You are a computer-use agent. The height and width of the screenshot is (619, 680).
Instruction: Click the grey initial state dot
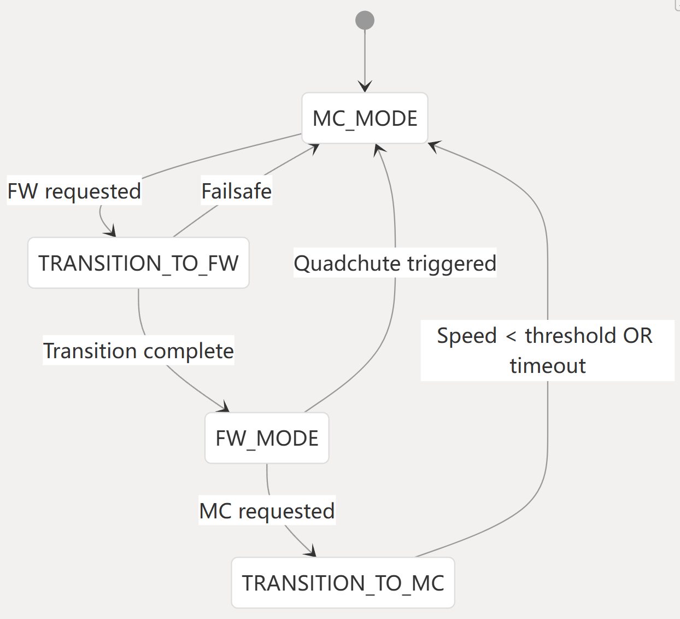click(x=365, y=20)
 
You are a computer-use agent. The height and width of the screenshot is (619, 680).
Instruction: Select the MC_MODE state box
click(x=365, y=118)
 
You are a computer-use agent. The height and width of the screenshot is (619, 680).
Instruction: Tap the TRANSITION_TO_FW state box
click(x=138, y=263)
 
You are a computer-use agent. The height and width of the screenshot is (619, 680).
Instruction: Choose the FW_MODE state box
click(x=267, y=438)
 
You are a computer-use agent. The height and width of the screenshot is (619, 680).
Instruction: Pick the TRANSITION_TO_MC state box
click(x=343, y=583)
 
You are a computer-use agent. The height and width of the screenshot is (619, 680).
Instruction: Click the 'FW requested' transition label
click(x=74, y=191)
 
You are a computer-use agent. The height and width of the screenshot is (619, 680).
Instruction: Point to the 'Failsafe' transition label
click(x=236, y=191)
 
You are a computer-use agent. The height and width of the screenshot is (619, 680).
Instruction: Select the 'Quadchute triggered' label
click(x=395, y=263)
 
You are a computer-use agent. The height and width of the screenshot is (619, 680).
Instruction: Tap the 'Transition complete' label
click(x=138, y=351)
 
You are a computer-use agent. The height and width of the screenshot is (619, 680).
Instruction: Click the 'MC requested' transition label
click(x=267, y=511)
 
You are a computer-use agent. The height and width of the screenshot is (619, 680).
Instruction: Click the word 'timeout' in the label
click(x=548, y=365)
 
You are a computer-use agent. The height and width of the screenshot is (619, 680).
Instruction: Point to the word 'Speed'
click(x=467, y=335)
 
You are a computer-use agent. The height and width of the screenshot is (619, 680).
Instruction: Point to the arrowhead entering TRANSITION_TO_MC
click(x=312, y=552)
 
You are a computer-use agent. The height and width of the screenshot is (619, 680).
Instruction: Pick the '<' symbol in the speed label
click(x=511, y=336)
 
